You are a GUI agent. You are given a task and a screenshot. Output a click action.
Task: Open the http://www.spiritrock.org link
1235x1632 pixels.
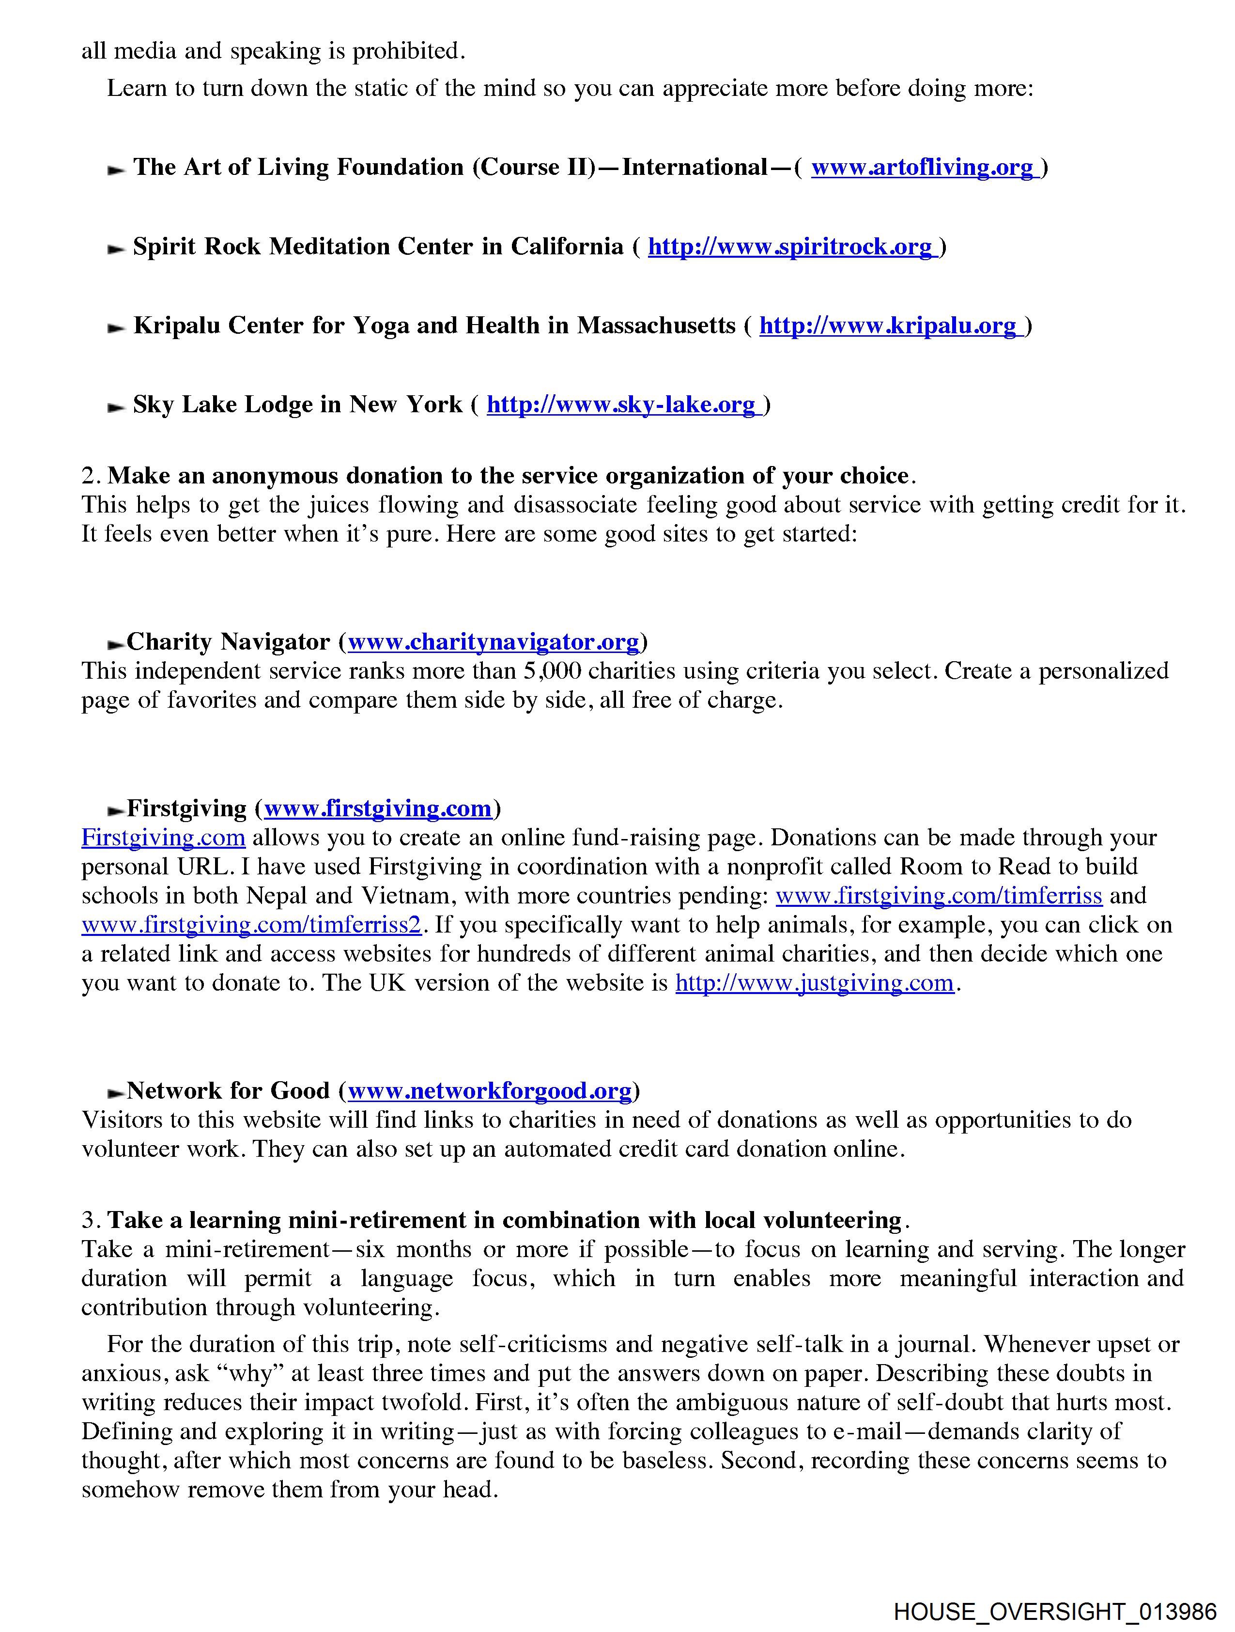(791, 247)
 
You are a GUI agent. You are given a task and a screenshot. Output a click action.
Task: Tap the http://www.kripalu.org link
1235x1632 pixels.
(889, 326)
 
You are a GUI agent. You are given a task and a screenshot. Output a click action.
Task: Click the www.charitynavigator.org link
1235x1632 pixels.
(493, 642)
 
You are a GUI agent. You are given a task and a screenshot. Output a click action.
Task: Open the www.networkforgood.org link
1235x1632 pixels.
(490, 1090)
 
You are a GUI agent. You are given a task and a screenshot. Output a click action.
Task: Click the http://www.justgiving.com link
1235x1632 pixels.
(815, 983)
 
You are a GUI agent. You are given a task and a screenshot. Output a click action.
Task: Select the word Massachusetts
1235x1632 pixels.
(656, 326)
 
